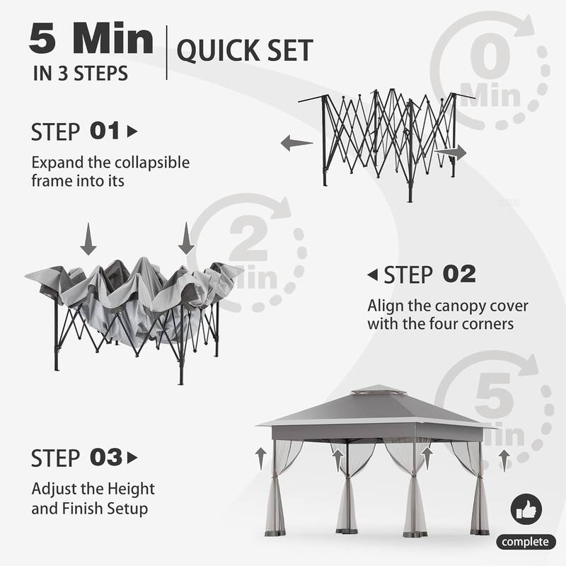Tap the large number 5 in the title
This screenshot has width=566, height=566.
(x=42, y=40)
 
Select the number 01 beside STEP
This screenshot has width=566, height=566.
(x=105, y=132)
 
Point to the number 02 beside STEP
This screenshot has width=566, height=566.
(x=458, y=275)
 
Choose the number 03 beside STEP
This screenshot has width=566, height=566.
(x=106, y=458)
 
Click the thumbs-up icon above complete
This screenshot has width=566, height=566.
(x=526, y=509)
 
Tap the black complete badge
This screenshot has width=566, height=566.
(x=526, y=542)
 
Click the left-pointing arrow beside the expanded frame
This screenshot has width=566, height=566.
(x=296, y=144)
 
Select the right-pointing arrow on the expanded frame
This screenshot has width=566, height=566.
(x=451, y=152)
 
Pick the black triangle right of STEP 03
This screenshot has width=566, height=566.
(x=132, y=458)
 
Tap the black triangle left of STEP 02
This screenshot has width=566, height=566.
(x=372, y=275)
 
